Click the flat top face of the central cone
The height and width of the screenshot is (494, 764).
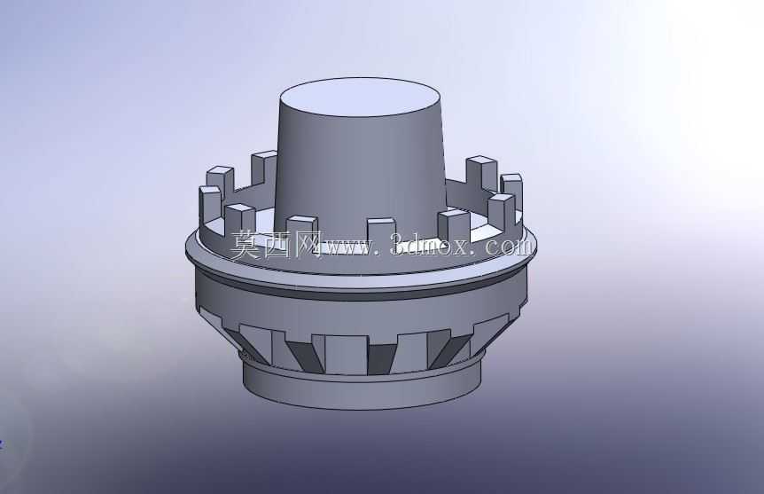[361, 97]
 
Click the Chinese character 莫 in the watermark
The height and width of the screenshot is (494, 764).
[246, 244]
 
